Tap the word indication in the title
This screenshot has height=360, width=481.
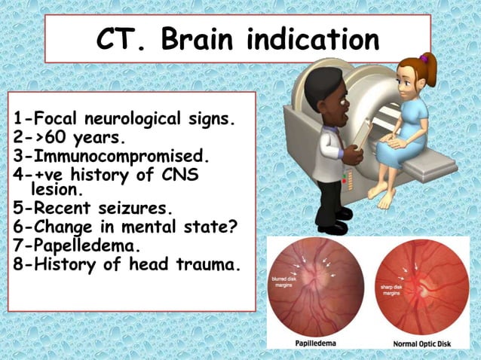[316, 39]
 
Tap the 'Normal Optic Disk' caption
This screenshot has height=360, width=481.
[419, 345]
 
